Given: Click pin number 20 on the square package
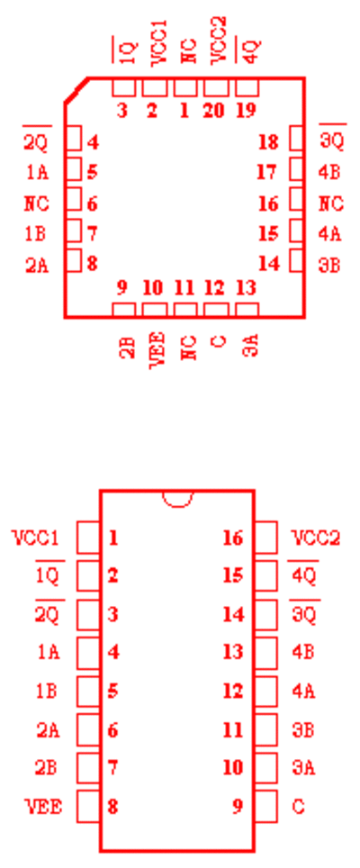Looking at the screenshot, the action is (x=214, y=111).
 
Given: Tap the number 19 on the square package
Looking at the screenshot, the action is (x=246, y=111).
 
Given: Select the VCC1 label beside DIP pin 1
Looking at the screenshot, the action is (x=36, y=538).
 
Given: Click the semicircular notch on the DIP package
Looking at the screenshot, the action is (x=177, y=499).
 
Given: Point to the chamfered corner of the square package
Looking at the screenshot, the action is (x=76, y=90).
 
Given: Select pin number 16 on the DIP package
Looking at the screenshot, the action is (x=233, y=538).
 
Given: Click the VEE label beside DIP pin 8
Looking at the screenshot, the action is (x=44, y=807).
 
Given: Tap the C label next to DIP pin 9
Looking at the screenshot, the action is (x=298, y=807).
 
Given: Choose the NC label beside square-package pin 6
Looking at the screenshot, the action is (x=37, y=203).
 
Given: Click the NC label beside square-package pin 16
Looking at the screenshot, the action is (x=330, y=203).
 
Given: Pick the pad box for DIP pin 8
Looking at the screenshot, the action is (x=88, y=806).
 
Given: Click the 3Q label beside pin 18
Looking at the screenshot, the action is (x=332, y=140).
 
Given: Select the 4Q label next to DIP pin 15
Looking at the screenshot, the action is (x=303, y=574).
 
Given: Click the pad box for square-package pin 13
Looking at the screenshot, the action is (x=247, y=310).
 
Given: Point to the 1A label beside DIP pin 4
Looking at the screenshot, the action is (x=48, y=652).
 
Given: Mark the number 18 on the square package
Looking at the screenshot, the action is (x=269, y=142).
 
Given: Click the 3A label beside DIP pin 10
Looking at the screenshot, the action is (x=303, y=768).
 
